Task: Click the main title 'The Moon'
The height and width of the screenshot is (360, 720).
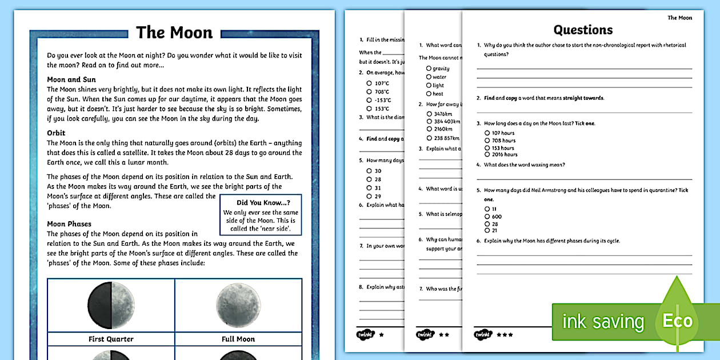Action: point(174,33)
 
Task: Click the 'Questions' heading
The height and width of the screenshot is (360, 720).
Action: point(583,30)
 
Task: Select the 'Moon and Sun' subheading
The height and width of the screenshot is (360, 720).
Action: point(71,79)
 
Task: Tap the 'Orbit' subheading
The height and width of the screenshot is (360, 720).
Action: point(56,133)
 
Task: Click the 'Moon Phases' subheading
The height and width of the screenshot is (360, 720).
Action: point(69,224)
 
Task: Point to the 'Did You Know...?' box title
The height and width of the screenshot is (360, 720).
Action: point(263,202)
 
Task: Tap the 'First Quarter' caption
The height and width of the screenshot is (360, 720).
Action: point(111,339)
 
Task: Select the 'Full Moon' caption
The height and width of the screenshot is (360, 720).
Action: point(238,339)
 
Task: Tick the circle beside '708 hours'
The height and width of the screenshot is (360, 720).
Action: point(487,141)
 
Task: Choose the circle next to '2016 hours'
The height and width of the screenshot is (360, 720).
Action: point(487,154)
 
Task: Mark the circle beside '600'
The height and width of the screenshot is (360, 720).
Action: point(487,217)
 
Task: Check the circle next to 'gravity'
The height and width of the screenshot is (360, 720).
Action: point(429,69)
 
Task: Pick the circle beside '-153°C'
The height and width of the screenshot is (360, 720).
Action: point(369,100)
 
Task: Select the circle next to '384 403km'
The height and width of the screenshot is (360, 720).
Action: point(429,121)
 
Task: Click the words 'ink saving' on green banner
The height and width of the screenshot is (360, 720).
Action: point(603,322)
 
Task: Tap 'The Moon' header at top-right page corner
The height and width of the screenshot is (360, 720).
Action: point(679,18)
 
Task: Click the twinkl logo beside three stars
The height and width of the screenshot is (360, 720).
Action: point(483,334)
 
